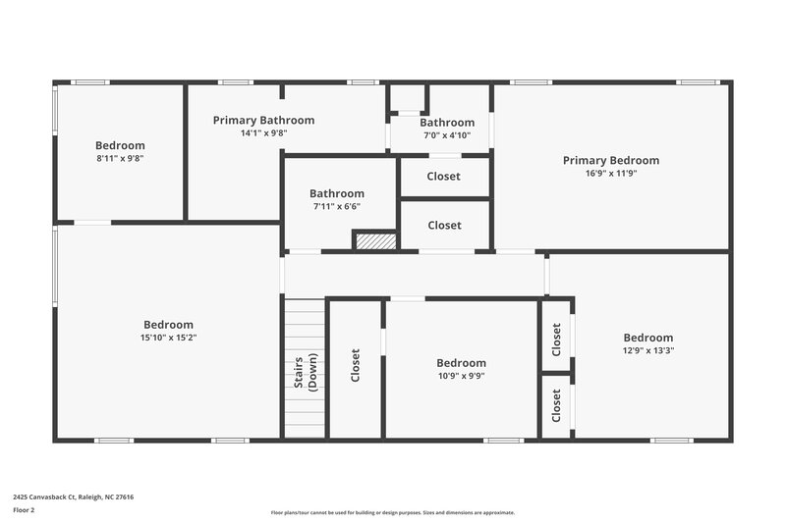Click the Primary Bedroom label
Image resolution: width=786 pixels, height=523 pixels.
tap(610, 160)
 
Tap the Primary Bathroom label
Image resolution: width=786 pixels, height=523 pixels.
tap(263, 120)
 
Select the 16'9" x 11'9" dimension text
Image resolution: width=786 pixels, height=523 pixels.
tap(610, 173)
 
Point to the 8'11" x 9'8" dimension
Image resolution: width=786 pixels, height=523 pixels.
tap(120, 158)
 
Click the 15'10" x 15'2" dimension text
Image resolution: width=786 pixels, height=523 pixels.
tap(168, 338)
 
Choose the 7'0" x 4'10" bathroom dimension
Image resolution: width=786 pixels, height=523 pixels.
tap(447, 135)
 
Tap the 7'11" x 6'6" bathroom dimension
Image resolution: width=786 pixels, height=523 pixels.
tap(336, 206)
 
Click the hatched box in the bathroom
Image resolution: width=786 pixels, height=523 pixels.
tap(374, 241)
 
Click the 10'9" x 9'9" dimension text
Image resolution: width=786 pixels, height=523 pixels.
tap(461, 375)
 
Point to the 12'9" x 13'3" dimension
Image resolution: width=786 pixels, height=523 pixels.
tap(647, 350)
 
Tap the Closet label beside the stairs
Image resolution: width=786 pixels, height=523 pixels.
tap(356, 366)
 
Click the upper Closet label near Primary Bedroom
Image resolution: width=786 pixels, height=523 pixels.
tap(444, 177)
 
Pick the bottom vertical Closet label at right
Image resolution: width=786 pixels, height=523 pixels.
tap(556, 405)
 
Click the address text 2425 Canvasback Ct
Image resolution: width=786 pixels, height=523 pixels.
tap(74, 497)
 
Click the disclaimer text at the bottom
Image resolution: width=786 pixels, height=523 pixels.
tap(392, 512)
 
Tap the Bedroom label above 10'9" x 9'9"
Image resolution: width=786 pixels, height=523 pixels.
tap(461, 362)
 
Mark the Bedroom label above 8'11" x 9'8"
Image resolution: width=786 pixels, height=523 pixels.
tap(120, 145)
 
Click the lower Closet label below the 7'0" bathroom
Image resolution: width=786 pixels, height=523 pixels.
tap(444, 225)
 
